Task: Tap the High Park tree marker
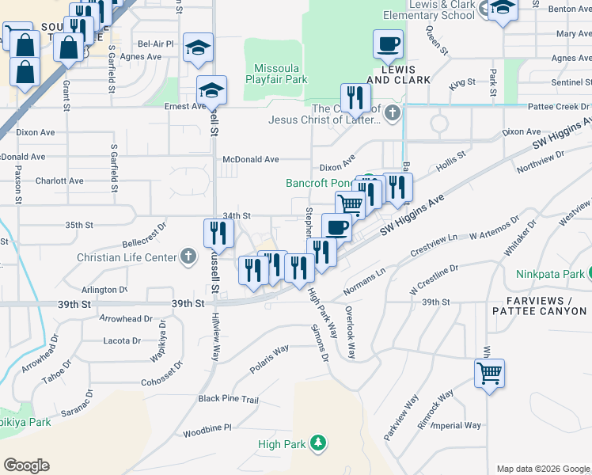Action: click(318, 442)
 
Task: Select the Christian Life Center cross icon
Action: click(188, 256)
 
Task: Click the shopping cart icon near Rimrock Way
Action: click(490, 372)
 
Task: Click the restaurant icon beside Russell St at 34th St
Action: click(217, 233)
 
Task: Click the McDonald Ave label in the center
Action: click(251, 159)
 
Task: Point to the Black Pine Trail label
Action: click(229, 399)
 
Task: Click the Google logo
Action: click(26, 465)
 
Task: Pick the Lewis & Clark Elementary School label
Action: click(428, 10)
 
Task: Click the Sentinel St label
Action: click(566, 82)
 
